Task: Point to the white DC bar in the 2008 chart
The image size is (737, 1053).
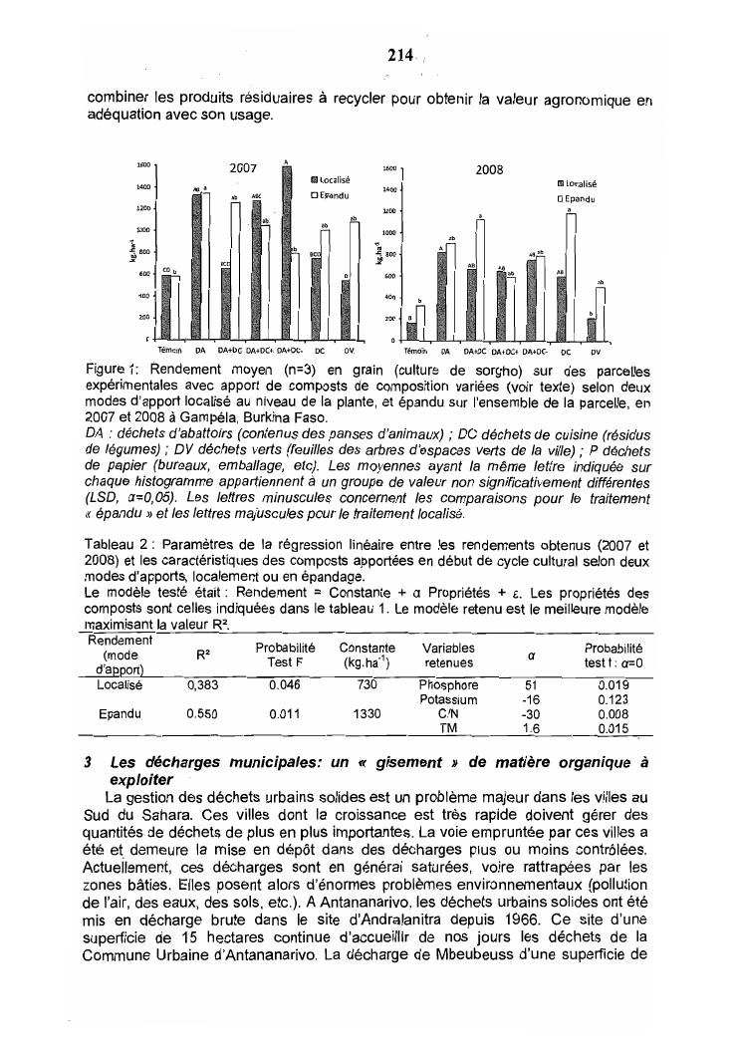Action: (x=572, y=276)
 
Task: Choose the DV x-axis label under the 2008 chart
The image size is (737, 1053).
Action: (x=596, y=351)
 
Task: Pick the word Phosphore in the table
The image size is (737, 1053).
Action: (x=450, y=685)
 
